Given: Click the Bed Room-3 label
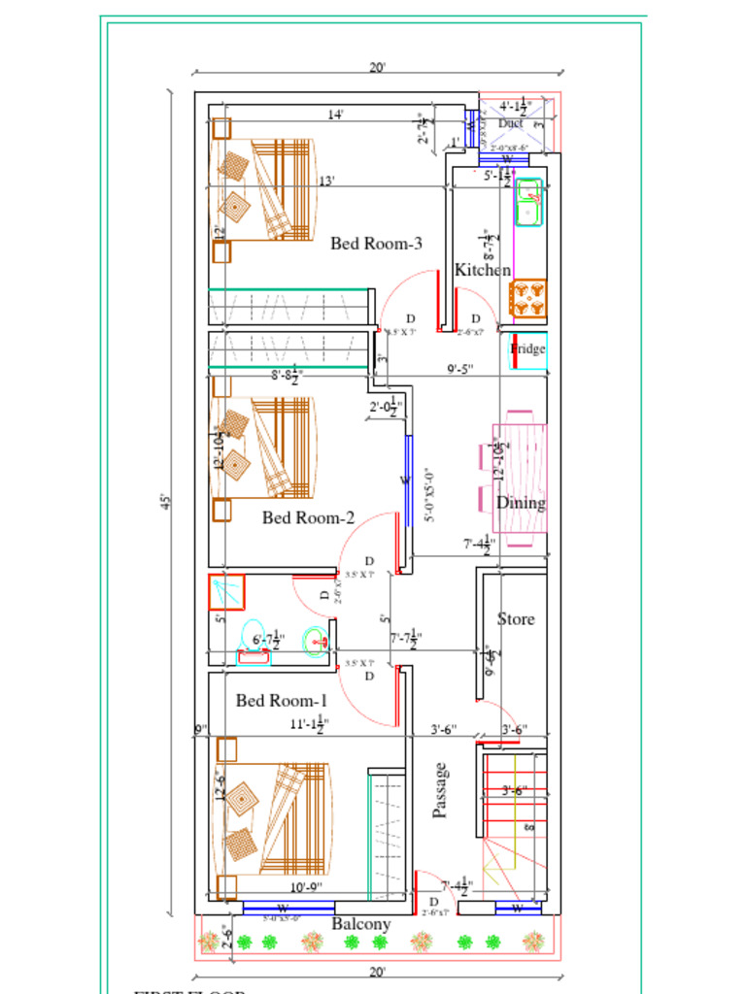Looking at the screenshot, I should point(375,244).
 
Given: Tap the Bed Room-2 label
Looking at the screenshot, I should point(308,517).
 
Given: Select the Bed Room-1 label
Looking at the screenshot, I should point(282,700).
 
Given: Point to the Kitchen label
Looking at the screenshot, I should point(483,270).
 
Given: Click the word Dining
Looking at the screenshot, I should point(521,503).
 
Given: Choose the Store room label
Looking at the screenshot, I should point(516,618).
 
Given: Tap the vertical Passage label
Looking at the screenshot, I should point(441,789).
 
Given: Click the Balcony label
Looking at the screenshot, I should point(361,924).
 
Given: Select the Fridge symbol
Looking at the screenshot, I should point(528,349).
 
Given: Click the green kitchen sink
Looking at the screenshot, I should point(529,202).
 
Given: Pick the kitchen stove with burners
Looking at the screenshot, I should point(528,299).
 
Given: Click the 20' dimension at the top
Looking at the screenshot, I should point(377,67).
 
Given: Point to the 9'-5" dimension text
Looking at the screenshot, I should point(460,369).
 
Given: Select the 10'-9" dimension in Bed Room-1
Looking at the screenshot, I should point(307,886).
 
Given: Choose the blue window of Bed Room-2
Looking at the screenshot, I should point(408,480).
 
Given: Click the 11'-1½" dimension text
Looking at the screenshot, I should point(309,724).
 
